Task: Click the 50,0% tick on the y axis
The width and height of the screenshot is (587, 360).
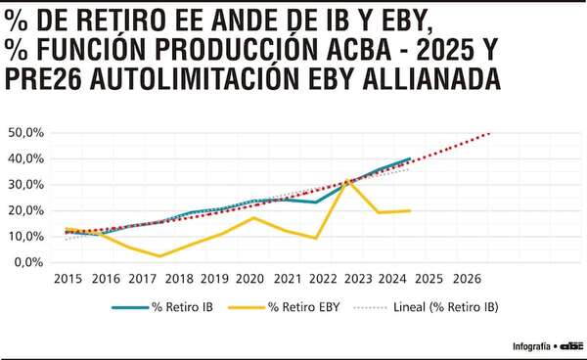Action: pyautogui.click(x=25, y=132)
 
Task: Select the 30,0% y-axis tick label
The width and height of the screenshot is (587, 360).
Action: pyautogui.click(x=25, y=184)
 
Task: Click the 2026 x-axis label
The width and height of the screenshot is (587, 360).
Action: pyautogui.click(x=466, y=279)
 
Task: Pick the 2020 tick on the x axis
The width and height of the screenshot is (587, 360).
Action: pyautogui.click(x=249, y=279)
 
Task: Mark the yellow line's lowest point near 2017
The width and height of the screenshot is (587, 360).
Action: pyautogui.click(x=159, y=256)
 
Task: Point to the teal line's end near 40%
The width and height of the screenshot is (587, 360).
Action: pyautogui.click(x=410, y=158)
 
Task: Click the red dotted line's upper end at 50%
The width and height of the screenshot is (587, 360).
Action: pyautogui.click(x=489, y=133)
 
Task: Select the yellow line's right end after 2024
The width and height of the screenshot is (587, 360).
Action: pyautogui.click(x=410, y=210)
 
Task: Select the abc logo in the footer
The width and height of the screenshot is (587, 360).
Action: pyautogui.click(x=570, y=345)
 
